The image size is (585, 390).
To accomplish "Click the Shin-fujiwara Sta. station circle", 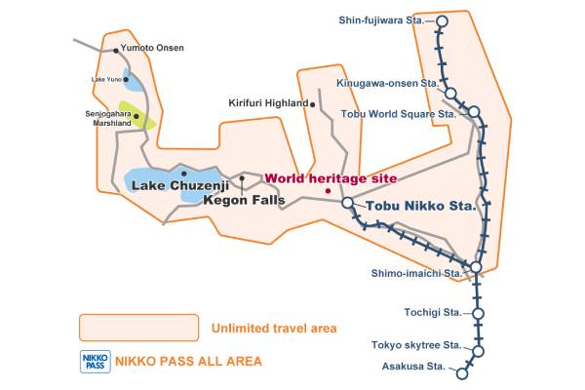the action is tap(443, 19).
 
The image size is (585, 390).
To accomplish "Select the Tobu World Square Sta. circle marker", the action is tap(474, 112).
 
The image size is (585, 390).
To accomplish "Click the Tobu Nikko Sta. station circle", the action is tap(347, 203).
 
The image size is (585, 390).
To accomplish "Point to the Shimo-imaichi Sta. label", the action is tap(417, 273).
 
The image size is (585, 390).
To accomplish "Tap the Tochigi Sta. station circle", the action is tap(478, 313).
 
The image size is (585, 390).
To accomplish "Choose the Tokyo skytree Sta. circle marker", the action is tap(478, 351).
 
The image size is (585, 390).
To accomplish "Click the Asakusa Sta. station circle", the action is tap(462, 371).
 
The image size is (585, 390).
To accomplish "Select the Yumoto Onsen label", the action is tap(152, 47).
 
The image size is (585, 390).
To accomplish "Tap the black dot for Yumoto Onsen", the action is tap(116, 50).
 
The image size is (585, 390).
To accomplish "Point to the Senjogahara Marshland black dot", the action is tap(137, 117).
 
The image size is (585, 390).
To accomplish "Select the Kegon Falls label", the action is tap(244, 200).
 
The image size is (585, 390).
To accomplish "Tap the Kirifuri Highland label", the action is tap(267, 102).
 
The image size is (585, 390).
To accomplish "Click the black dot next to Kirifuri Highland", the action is tap(312, 102).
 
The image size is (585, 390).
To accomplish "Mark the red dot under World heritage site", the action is tap(328, 190).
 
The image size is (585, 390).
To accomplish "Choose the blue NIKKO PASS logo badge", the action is tap(95, 361).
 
